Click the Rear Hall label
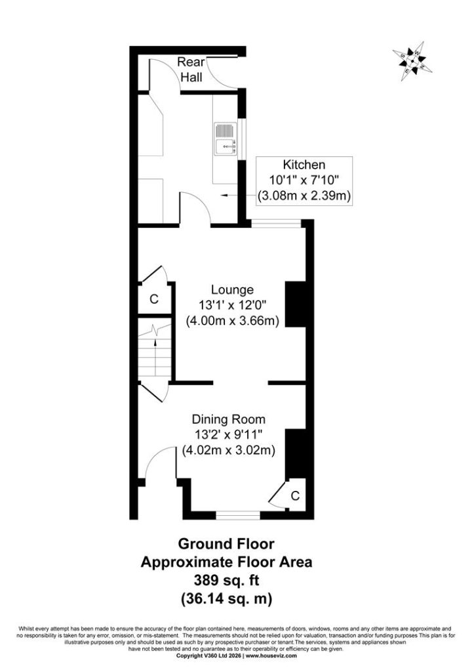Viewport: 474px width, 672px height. pos(191,70)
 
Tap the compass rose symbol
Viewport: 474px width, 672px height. pos(412,61)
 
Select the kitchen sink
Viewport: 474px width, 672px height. pos(226,139)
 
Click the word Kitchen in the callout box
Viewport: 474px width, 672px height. pos(304,165)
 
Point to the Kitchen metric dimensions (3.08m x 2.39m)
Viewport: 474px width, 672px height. pos(304,196)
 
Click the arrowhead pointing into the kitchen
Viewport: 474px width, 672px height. pos(224,196)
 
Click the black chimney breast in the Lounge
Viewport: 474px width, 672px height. pos(296,304)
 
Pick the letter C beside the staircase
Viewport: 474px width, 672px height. pos(154,299)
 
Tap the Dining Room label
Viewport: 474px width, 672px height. pos(228,419)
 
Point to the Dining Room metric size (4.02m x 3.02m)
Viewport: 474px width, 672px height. pos(228,450)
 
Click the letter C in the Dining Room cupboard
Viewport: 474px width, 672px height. pos(295,496)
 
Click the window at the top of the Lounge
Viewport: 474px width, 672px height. pos(276,223)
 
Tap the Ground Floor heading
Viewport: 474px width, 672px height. pos(226,544)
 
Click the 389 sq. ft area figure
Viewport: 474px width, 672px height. pos(226,580)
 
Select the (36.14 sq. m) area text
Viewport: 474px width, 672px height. pos(226,598)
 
